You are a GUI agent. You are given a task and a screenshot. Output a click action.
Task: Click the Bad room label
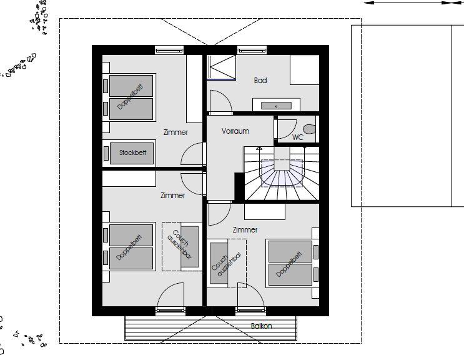(260, 80)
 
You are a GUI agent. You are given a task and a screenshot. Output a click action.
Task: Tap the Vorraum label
(235, 131)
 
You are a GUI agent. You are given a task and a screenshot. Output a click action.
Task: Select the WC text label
(298, 137)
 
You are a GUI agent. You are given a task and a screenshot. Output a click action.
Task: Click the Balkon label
(261, 326)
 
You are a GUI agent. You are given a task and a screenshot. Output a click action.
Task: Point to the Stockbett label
(132, 152)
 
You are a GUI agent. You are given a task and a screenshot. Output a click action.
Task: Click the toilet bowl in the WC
(310, 129)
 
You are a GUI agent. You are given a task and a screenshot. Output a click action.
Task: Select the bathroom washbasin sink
(276, 106)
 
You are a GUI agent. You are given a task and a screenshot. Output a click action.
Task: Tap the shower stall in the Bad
(221, 67)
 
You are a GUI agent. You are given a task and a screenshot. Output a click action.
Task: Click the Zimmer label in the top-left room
(175, 132)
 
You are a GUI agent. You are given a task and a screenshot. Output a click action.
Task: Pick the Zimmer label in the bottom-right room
(245, 230)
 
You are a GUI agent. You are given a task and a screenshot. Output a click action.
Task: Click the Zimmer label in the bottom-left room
(172, 196)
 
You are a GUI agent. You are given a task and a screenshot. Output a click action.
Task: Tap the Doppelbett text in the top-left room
(131, 96)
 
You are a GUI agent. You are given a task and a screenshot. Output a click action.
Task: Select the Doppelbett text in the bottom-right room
(289, 264)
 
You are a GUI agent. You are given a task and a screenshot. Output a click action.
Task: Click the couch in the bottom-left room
(182, 247)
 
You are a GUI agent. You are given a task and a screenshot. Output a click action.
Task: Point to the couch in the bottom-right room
(227, 264)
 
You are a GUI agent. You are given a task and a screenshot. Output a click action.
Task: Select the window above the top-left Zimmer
(170, 50)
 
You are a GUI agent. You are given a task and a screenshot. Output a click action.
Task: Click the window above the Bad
(252, 50)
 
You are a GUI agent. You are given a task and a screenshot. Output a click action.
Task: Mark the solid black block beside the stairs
(239, 186)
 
